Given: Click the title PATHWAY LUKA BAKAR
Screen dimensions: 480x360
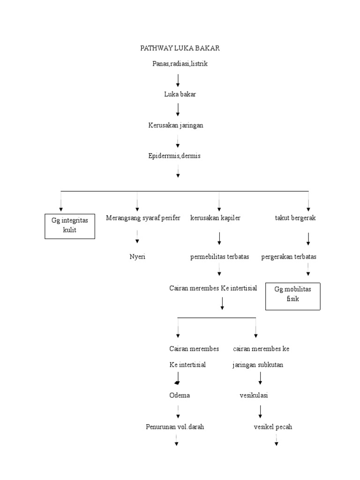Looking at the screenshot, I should tap(180, 48).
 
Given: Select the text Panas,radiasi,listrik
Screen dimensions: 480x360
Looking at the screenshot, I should tap(180, 64).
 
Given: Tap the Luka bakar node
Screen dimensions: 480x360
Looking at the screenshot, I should tap(180, 94).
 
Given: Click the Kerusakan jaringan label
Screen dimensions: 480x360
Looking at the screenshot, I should tap(176, 125).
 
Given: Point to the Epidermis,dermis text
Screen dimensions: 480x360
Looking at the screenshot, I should tap(174, 156).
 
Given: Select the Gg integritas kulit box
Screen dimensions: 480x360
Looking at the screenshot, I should tap(70, 225).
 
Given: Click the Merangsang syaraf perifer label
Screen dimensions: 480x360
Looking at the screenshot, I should tap(143, 218).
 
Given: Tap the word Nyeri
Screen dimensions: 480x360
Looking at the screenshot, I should tap(137, 256).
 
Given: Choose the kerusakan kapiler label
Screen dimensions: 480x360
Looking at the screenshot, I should tap(215, 218).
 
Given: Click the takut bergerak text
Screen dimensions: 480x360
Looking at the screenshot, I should tap(295, 218).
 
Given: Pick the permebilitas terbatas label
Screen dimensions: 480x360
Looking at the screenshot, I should tap(219, 256).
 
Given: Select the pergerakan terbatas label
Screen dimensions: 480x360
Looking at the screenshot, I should tap(289, 256).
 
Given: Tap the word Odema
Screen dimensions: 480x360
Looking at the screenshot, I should tap(180, 395).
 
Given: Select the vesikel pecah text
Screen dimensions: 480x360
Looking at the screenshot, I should tap(273, 427).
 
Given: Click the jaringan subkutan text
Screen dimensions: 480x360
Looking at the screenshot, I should tap(257, 365).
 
